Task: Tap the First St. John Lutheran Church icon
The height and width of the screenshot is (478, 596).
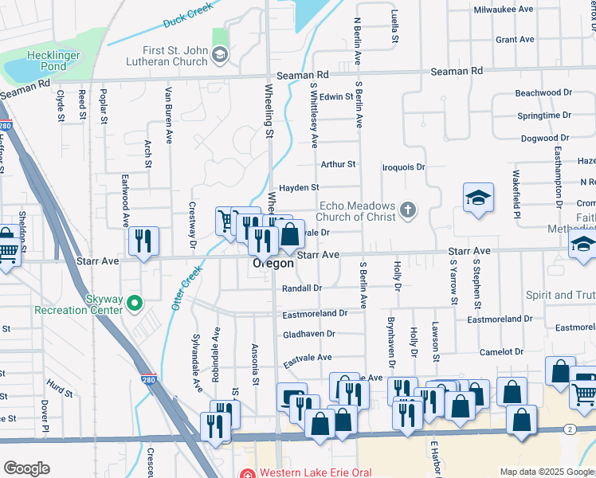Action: pyautogui.click(x=221, y=55)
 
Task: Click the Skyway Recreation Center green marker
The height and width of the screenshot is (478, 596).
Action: pyautogui.click(x=135, y=302)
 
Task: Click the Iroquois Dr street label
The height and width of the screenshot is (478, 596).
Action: pyautogui.click(x=404, y=167)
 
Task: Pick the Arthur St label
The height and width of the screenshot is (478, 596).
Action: pyautogui.click(x=337, y=164)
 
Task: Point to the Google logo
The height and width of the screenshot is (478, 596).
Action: pyautogui.click(x=25, y=468)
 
